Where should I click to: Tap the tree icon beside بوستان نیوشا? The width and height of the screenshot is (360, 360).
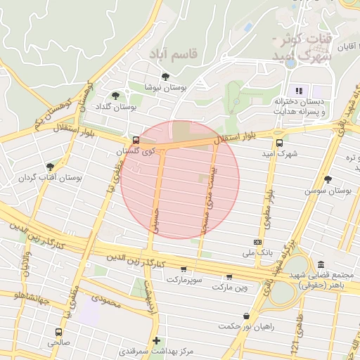[x=165, y=77]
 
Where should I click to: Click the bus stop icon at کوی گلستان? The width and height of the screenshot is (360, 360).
[x=136, y=140]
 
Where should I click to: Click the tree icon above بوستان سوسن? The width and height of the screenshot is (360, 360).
[x=328, y=179]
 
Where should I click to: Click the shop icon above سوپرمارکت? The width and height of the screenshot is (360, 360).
[x=184, y=269]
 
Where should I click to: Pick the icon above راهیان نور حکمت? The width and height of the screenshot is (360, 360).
[x=245, y=316]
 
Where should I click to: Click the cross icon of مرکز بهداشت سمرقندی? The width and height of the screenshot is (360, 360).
[x=156, y=340]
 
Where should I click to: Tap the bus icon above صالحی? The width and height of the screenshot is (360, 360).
[x=58, y=332]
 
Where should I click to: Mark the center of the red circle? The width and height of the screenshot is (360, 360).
[x=180, y=180]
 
